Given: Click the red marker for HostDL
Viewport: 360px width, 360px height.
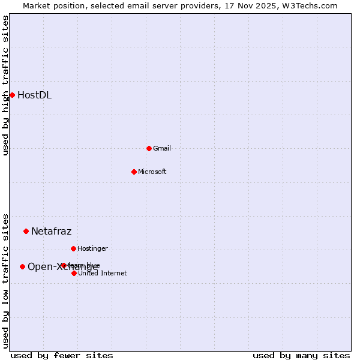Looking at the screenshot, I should coord(12,95).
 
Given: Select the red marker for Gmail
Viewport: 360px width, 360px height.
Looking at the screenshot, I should coord(149,148).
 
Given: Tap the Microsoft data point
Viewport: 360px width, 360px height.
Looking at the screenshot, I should coord(134,172).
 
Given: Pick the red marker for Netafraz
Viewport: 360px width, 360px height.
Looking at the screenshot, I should coord(26,231).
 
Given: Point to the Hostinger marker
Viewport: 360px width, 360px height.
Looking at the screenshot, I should coord(73,248).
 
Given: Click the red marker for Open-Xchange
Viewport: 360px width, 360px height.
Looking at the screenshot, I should coord(22,266).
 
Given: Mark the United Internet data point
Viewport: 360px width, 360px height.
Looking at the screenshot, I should coord(74,273).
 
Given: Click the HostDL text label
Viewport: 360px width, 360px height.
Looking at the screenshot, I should coord(34,95).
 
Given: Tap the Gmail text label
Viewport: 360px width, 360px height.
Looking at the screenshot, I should coord(162,148).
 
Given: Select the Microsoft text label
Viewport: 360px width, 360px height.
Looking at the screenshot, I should coord(152,172).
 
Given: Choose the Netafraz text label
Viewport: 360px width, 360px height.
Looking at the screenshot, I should coord(51,231).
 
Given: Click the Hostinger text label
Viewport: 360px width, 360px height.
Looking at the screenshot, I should coord(92,248).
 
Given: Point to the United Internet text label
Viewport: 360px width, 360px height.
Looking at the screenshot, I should coord(102,273).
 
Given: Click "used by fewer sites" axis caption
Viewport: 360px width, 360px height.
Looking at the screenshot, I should coord(62,355).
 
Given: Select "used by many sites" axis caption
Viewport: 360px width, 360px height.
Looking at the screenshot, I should coord(301,355).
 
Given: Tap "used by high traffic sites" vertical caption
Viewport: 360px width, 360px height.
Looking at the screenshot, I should coord(5,85).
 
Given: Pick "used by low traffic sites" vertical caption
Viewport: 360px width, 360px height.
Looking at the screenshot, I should coord(5,281).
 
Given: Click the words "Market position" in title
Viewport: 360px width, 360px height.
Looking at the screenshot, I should coord(52,5).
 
